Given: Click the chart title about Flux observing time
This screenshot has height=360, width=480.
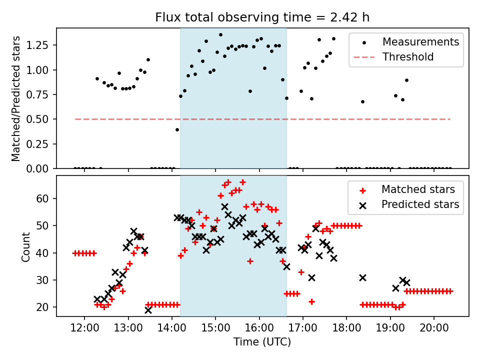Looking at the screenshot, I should click(x=262, y=17).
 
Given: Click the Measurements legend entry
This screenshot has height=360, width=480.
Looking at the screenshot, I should click(x=420, y=42).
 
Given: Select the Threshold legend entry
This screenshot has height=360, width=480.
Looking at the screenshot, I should click(x=408, y=57).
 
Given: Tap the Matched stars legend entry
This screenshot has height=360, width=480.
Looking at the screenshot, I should click(x=418, y=189).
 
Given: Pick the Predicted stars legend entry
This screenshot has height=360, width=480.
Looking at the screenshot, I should click(x=420, y=204).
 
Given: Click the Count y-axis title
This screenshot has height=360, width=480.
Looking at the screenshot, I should click(x=25, y=246).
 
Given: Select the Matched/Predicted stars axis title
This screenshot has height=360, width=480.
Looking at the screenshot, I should click(x=16, y=98).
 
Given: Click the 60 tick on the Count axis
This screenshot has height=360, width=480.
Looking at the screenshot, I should click(x=43, y=198).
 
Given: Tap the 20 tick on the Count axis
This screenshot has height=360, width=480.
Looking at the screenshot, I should click(x=43, y=307).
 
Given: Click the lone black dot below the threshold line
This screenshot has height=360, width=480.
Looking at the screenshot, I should click(x=177, y=129).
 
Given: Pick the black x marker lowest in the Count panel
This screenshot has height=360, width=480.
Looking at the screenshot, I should click(x=148, y=310).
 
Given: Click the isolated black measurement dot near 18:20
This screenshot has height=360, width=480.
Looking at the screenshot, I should click(x=362, y=101).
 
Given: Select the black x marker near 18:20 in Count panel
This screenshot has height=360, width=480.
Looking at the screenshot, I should click(x=362, y=277).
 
